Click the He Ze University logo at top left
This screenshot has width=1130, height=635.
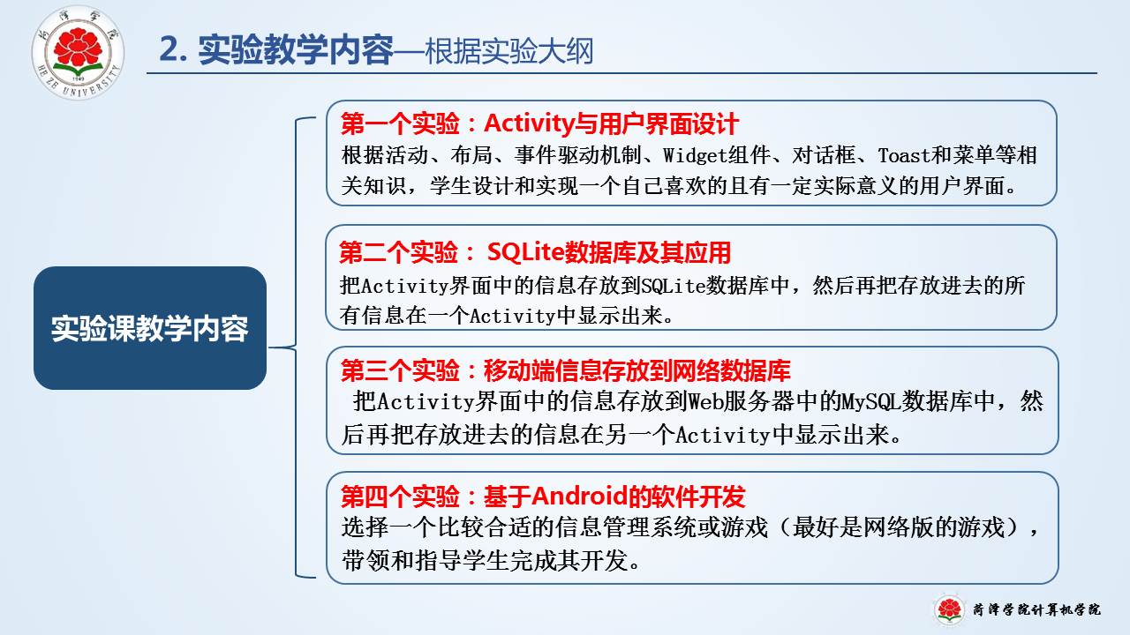[78, 52]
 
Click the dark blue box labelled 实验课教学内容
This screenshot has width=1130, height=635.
[150, 327]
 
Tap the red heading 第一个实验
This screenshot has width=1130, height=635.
[400, 123]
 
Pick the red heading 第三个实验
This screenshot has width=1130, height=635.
[400, 370]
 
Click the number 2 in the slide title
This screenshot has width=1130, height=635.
[168, 50]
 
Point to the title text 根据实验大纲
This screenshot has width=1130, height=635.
[509, 51]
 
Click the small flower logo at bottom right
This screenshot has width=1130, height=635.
[949, 609]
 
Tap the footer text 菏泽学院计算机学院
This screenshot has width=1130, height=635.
[1036, 609]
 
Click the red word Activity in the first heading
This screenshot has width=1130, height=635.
[529, 123]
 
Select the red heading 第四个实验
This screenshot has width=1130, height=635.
[400, 497]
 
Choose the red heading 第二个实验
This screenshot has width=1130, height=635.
[398, 252]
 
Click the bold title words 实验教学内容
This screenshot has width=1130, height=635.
[296, 50]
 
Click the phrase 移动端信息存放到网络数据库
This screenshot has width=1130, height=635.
[637, 370]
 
